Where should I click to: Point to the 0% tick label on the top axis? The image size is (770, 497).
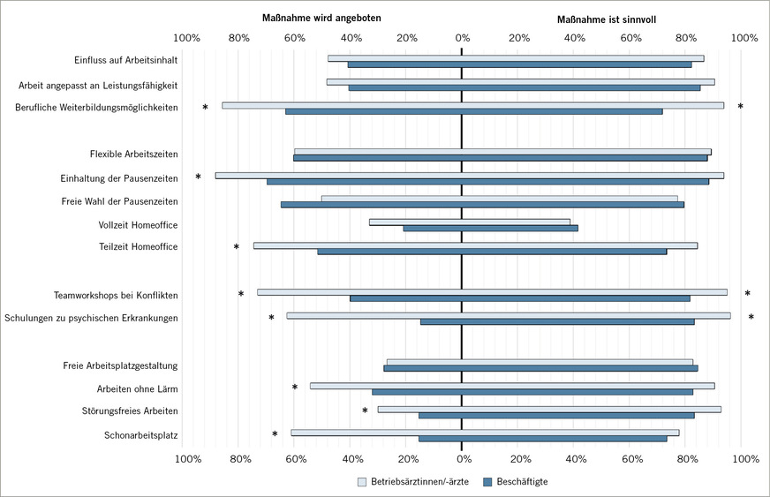point(462,38)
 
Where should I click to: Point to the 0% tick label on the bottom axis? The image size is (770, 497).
point(462,459)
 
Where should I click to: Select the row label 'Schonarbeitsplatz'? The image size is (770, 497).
point(141,434)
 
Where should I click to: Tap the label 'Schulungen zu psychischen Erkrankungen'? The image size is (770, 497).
point(92,318)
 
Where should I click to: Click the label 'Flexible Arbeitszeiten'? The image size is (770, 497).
point(134,154)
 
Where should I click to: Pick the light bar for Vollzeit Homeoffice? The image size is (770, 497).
point(469,222)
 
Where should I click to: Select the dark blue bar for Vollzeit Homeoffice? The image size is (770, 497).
point(490,229)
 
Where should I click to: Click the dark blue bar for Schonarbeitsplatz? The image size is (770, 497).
point(542,439)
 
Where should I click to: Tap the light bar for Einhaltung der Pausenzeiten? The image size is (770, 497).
point(469,176)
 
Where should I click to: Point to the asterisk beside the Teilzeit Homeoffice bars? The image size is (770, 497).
point(237,248)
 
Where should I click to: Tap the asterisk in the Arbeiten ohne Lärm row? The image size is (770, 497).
point(295,388)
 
